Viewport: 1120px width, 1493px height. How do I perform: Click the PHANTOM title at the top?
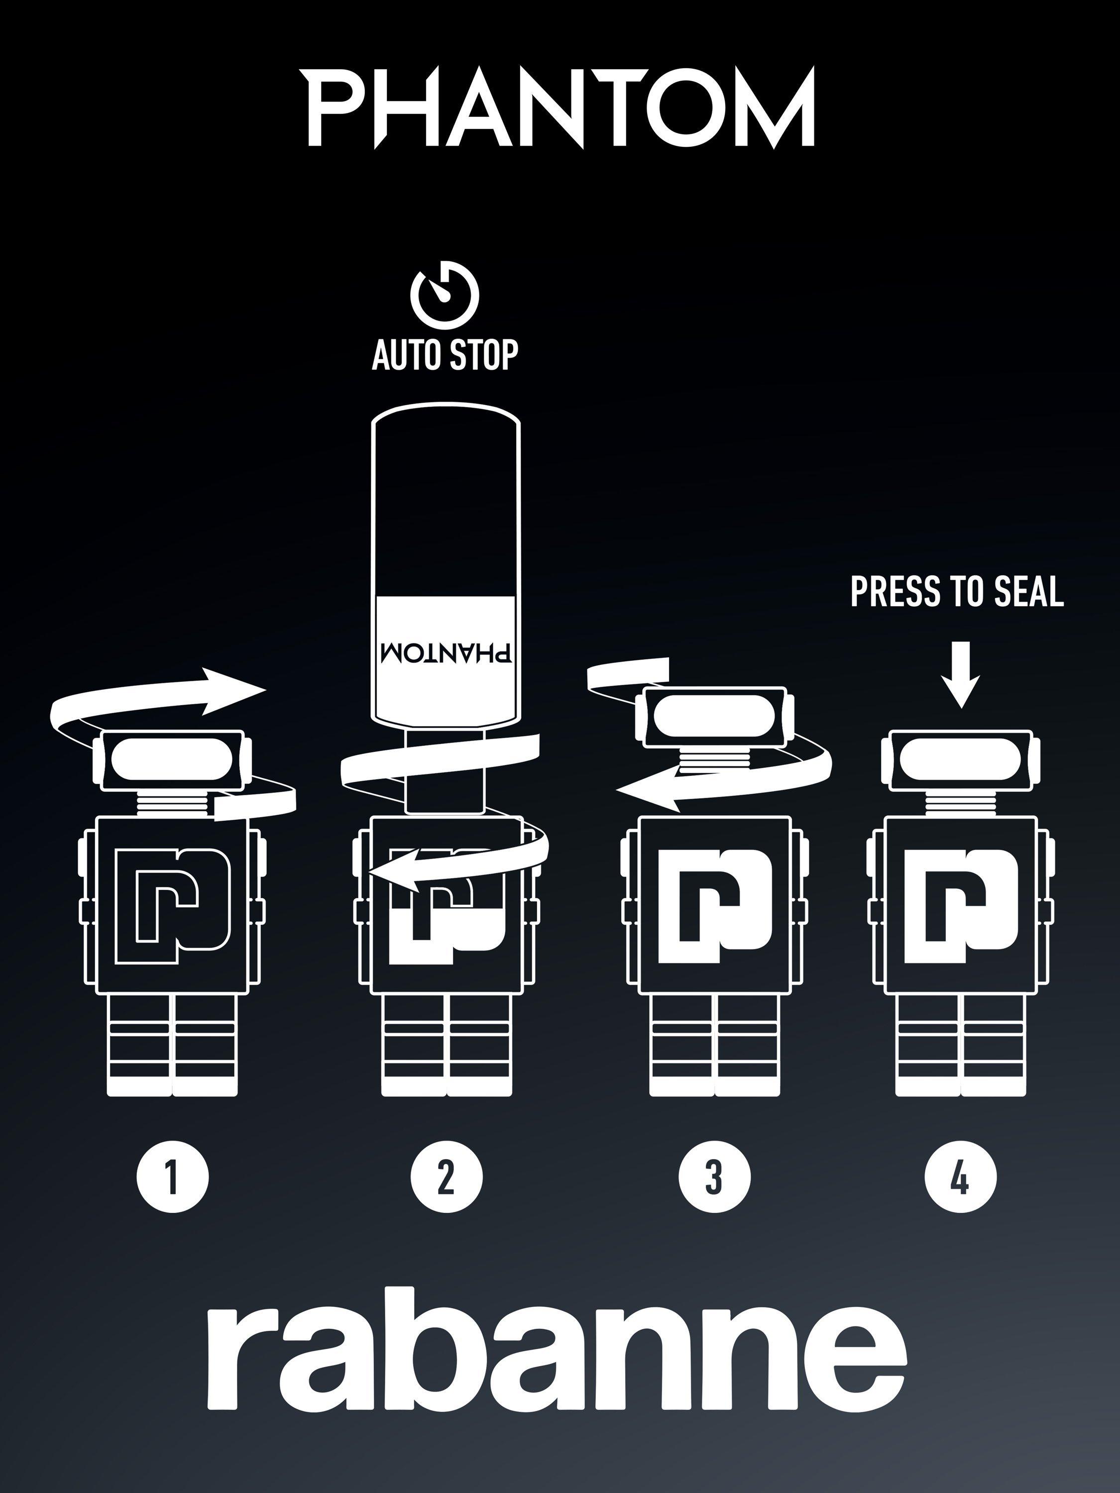click(x=561, y=107)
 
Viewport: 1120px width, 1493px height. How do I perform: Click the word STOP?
click(x=483, y=354)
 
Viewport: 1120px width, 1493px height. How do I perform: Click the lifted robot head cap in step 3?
click(x=715, y=717)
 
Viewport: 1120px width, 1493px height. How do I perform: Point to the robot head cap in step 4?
click(x=961, y=759)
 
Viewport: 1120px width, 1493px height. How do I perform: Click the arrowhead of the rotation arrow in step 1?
click(x=236, y=690)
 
